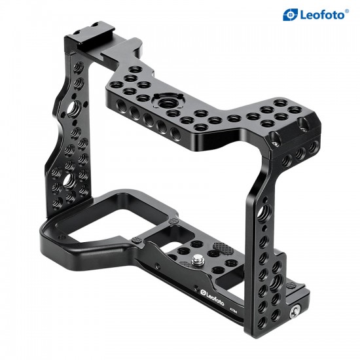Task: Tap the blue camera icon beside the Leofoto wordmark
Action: [x=290, y=14]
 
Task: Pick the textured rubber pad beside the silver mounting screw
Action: [x=221, y=249]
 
